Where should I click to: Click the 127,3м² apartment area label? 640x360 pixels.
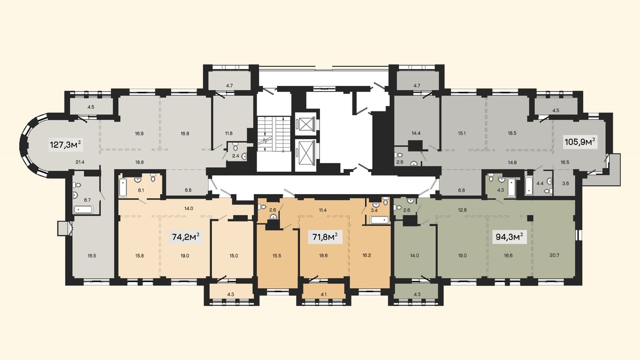click(x=66, y=145)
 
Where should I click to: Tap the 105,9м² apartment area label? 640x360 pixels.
click(x=581, y=142)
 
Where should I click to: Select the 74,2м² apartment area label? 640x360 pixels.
click(x=186, y=237)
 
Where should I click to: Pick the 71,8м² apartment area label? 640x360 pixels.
click(x=325, y=237)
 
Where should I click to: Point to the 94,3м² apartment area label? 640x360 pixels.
click(x=510, y=237)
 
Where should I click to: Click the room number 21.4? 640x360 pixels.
click(x=81, y=162)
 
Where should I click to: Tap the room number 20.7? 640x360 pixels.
click(x=554, y=255)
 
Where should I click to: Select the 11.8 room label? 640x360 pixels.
click(x=229, y=133)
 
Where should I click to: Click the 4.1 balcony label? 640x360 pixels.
click(x=323, y=294)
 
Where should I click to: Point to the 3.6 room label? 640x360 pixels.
click(x=565, y=183)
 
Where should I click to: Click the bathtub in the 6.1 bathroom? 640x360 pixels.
click(x=123, y=187)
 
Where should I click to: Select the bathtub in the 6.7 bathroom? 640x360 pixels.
click(x=83, y=210)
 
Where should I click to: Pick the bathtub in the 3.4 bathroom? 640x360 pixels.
click(x=379, y=220)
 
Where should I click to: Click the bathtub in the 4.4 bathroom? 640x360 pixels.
click(x=530, y=186)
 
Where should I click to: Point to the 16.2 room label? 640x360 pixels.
click(x=366, y=255)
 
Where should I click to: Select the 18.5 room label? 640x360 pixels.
click(x=512, y=133)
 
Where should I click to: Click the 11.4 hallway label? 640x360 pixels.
click(x=323, y=210)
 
